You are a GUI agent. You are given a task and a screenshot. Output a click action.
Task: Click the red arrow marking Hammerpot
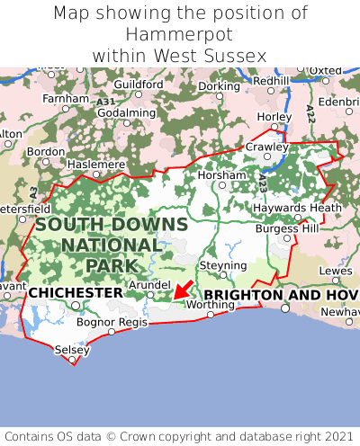click(183, 289)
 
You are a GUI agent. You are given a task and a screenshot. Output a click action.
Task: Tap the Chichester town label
click(76, 293)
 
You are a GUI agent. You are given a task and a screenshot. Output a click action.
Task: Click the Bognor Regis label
click(112, 321)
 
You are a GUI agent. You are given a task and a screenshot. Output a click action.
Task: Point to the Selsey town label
click(72, 349)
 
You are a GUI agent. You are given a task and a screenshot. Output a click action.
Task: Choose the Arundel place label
click(148, 284)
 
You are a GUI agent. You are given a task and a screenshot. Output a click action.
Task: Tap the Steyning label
click(222, 266)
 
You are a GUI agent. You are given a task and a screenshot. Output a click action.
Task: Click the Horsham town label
click(220, 174)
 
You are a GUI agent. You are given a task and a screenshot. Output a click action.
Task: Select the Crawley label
click(267, 147)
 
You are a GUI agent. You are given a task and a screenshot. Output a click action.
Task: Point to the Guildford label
click(139, 85)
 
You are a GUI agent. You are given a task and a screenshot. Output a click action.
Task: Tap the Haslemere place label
click(96, 165)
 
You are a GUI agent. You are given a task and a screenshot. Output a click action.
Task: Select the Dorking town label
click(220, 86)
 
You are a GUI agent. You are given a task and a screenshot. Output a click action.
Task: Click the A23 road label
click(262, 182)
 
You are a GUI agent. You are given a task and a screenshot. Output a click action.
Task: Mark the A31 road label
click(105, 103)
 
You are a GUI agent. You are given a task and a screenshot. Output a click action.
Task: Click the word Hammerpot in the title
click(180, 34)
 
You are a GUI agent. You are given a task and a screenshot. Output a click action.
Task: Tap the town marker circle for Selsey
click(72, 360)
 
